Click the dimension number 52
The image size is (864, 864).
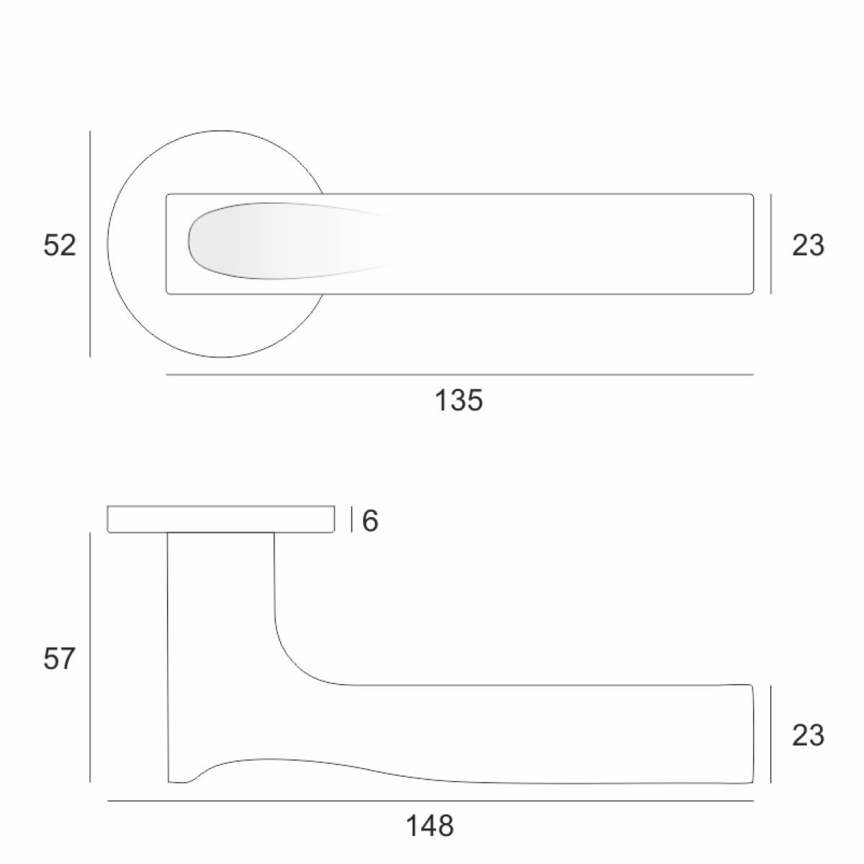coord(60,246)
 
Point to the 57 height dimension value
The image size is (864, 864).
coord(59,659)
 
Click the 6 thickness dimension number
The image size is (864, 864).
coord(370,521)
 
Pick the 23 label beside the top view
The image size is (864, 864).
coord(808,246)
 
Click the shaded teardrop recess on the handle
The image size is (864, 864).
coord(287,241)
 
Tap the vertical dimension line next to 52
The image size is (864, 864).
coord(90,244)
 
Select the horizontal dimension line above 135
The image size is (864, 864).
coord(459,374)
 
